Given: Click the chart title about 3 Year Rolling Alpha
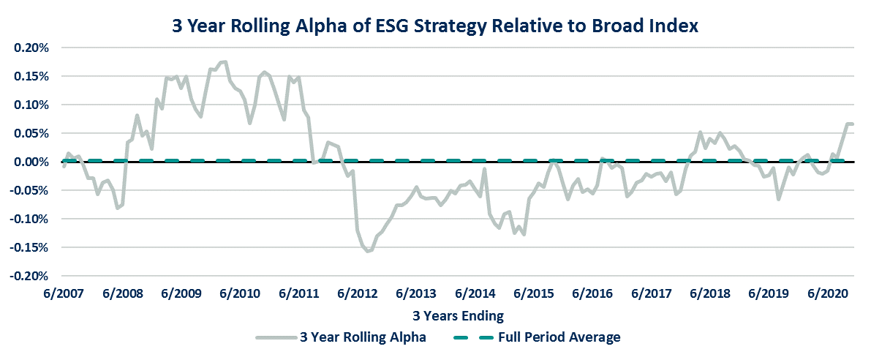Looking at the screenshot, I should pos(435,26).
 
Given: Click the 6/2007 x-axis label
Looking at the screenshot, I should pos(62,294).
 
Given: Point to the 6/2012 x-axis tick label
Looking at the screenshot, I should pos(358,294).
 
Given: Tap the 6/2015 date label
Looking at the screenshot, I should pos(535,294).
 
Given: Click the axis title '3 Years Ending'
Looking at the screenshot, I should pos(456,316).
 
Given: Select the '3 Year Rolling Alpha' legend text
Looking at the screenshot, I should pos(363,337).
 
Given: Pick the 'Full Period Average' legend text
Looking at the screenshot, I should pos(559,337).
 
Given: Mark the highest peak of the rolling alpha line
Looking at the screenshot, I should pos(225,62).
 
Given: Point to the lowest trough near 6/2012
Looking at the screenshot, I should pos(368,251).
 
